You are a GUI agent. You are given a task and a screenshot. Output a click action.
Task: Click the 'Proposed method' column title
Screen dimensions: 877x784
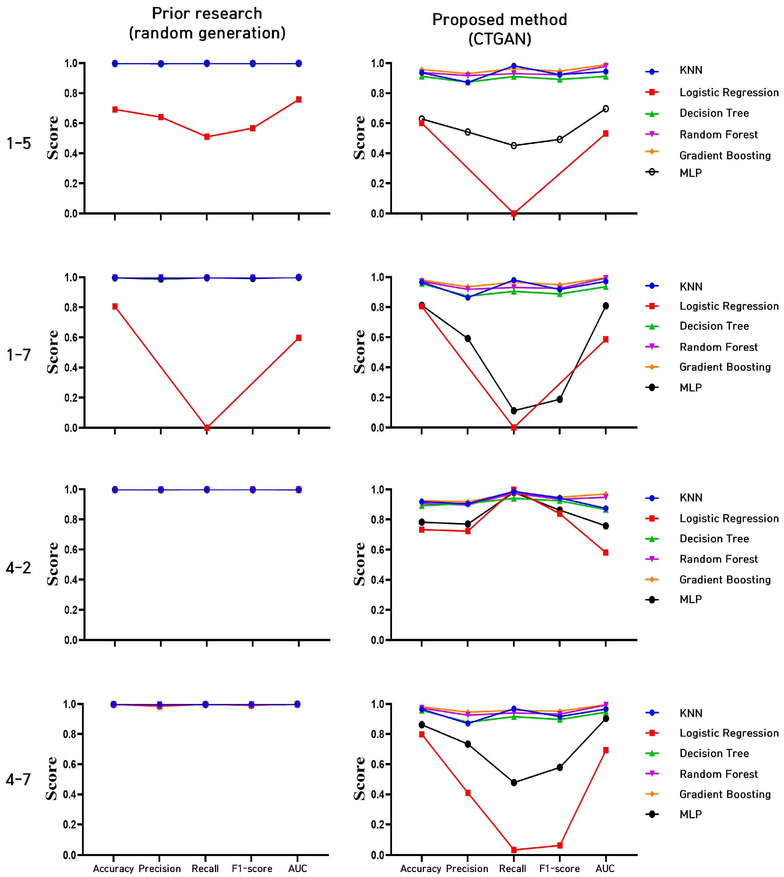[499, 20]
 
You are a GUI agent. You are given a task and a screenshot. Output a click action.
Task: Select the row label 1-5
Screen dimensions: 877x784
[19, 143]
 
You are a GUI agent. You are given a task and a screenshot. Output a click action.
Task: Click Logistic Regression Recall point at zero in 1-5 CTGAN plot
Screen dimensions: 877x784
[514, 213]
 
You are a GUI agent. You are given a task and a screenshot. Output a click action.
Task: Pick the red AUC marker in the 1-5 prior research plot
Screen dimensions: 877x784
[299, 99]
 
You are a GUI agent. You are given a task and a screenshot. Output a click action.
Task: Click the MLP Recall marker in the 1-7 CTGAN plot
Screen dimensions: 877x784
[514, 411]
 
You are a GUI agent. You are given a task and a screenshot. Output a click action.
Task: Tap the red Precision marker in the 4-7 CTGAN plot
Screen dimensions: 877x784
[468, 793]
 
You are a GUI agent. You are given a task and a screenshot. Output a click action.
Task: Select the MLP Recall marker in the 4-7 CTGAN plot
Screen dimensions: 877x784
[514, 783]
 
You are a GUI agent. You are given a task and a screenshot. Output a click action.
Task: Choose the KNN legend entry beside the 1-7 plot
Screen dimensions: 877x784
[691, 286]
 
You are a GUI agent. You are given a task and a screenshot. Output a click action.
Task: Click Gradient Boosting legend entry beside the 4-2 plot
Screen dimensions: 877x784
[725, 580]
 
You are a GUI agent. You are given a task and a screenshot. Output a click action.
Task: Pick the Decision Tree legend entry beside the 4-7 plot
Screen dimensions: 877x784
[714, 753]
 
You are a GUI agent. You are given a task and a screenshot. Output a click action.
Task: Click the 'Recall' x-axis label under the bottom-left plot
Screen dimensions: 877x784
[205, 868]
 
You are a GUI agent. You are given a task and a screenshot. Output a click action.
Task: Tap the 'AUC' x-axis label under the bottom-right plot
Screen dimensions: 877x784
[605, 868]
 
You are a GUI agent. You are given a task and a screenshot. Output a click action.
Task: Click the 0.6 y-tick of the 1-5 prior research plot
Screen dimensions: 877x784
[71, 124]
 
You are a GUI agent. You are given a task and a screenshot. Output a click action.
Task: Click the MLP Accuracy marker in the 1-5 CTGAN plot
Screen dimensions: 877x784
[422, 119]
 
